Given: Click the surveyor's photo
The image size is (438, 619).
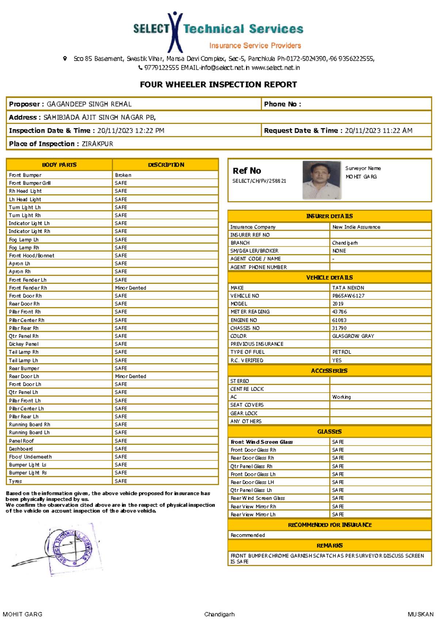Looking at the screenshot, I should click(322, 180).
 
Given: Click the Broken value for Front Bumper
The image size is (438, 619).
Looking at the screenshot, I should click(123, 175).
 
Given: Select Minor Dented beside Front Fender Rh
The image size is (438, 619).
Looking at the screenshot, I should click(130, 288).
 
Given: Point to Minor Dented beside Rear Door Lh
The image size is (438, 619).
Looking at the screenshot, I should click(130, 376).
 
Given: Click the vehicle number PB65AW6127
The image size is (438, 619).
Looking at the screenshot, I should click(348, 296).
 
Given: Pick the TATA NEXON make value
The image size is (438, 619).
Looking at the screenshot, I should click(348, 288).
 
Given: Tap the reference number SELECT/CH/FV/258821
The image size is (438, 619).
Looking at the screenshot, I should click(259, 181).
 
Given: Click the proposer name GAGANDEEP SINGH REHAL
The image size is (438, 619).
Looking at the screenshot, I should click(89, 104).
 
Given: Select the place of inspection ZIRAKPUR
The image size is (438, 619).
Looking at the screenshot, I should click(97, 144).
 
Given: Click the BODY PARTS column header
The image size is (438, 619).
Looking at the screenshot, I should click(59, 165).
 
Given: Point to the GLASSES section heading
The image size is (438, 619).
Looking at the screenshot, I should click(329, 432).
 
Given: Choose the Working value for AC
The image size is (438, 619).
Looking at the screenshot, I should click(341, 397).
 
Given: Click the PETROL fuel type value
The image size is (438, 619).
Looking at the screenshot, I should click(341, 352).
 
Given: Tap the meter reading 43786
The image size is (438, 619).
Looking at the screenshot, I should click(339, 312).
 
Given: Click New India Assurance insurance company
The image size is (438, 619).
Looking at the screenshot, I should click(356, 227).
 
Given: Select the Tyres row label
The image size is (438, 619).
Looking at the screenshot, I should click(15, 481).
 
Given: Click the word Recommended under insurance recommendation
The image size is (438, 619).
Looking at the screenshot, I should click(247, 535).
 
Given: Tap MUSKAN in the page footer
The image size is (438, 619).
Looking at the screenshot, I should click(420, 614).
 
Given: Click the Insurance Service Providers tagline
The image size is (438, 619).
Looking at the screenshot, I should click(255, 46).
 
